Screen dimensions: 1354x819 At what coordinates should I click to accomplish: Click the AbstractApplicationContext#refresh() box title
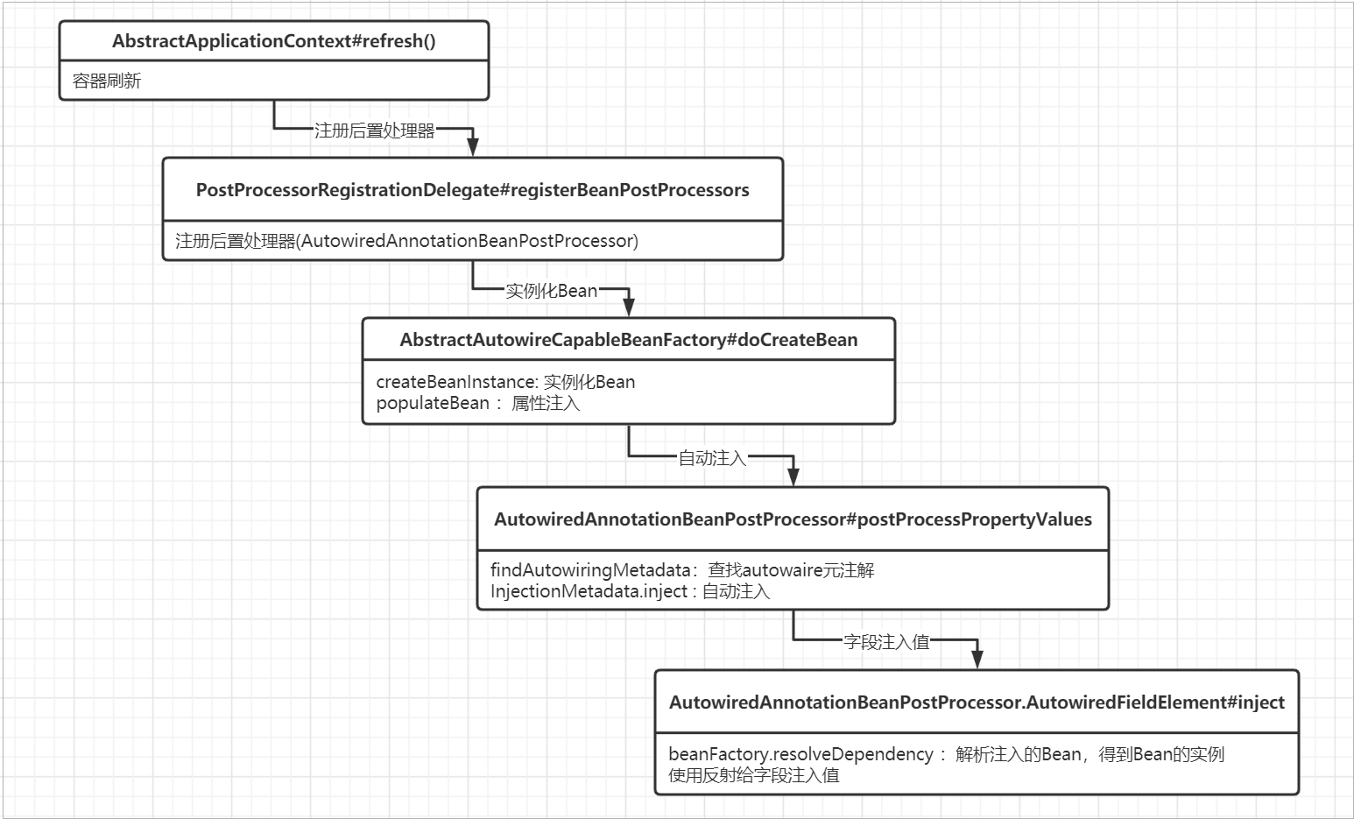click(274, 41)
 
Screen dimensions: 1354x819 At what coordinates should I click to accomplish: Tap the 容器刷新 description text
click(106, 81)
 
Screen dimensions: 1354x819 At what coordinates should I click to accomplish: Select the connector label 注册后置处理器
click(374, 131)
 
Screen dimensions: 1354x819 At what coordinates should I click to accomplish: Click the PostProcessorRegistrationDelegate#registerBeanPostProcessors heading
click(473, 190)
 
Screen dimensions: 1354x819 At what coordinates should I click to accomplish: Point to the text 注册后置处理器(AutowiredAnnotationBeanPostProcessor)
click(406, 241)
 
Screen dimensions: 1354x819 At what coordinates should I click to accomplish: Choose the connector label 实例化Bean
click(551, 291)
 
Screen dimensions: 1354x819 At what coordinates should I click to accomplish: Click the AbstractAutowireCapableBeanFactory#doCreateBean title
click(629, 340)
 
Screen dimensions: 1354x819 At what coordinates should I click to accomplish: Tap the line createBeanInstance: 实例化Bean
click(505, 382)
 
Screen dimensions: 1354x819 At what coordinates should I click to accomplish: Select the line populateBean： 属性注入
click(477, 403)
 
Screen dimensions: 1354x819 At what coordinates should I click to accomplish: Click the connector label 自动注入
click(712, 458)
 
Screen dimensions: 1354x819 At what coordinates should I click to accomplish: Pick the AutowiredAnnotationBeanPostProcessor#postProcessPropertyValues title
click(793, 519)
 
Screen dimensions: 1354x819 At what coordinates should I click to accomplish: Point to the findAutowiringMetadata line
click(682, 570)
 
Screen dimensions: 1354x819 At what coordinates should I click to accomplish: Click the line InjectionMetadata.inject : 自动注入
click(630, 591)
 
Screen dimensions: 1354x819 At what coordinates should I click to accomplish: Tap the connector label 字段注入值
click(886, 642)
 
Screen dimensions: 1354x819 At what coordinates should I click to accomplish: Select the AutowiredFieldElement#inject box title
click(977, 703)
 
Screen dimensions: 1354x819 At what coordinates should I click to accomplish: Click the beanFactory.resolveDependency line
click(946, 754)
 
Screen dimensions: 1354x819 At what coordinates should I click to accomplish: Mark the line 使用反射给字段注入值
click(754, 775)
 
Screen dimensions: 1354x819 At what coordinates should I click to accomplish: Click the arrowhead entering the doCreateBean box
click(629, 307)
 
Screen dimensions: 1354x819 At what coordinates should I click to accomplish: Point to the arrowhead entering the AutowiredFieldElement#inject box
click(977, 660)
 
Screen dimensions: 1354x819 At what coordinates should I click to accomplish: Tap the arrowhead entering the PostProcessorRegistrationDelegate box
click(473, 147)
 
